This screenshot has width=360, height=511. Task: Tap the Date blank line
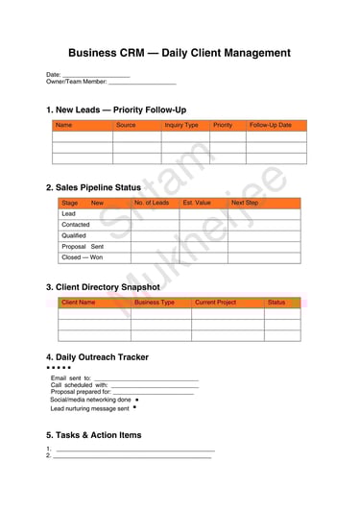96,76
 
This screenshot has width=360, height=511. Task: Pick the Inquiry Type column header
181,125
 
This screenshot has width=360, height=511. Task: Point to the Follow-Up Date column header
271,125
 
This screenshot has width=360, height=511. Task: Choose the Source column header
126,125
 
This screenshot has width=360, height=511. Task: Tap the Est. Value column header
197,203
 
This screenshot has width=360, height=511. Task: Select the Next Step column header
245,203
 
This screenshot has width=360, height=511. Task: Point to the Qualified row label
74,235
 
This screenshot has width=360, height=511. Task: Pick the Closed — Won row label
82,257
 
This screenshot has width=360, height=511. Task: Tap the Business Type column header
154,303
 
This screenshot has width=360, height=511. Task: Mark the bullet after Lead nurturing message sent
134,407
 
